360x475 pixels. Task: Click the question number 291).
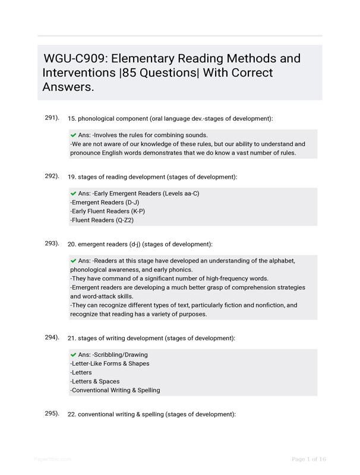tap(52, 118)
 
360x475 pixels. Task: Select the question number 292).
tap(52, 176)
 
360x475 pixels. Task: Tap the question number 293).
tap(52, 243)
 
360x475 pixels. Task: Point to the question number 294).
tap(52, 337)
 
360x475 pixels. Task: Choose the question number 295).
tap(52, 413)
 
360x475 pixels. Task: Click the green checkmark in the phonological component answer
tap(73, 135)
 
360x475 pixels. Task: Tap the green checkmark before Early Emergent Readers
tap(73, 194)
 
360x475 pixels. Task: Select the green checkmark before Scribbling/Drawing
tap(73, 354)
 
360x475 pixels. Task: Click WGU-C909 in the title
tap(74, 59)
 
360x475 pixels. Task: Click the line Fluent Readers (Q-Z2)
tap(102, 220)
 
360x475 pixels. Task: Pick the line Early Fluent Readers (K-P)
tap(108, 211)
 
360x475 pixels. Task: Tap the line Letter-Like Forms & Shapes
tap(110, 363)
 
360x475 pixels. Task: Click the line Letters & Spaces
tap(95, 381)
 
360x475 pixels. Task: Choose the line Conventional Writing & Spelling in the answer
tap(115, 390)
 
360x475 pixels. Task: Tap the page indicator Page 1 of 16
tap(309, 459)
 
